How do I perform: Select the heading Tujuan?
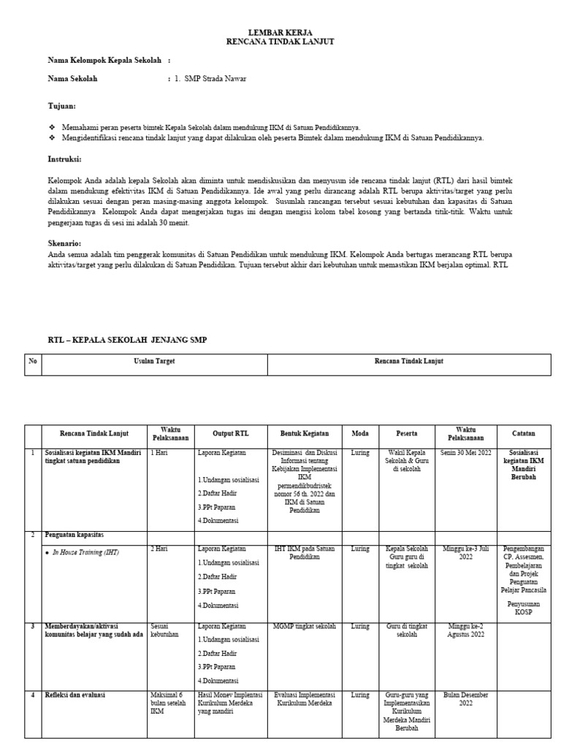(x=61, y=106)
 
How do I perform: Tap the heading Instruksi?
(x=64, y=159)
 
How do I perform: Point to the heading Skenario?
(x=64, y=243)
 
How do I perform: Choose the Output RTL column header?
(x=231, y=433)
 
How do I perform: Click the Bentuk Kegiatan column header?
(x=305, y=433)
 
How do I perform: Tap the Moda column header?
(x=360, y=433)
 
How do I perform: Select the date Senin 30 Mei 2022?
(x=465, y=453)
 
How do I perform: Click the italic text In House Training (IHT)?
(x=85, y=553)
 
